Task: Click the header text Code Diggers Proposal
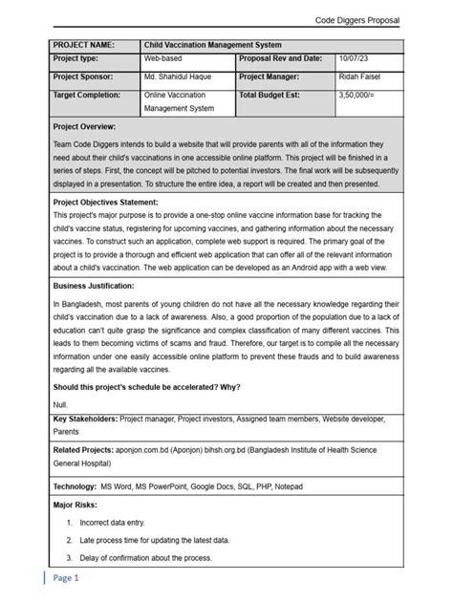point(356,20)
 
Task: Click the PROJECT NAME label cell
point(83,45)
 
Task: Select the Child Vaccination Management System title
point(212,45)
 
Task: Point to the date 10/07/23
point(356,59)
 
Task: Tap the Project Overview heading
point(84,126)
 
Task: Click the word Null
point(60,404)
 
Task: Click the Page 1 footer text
point(66,578)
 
